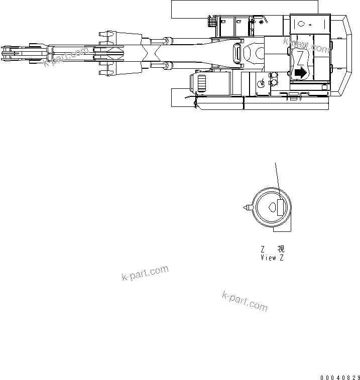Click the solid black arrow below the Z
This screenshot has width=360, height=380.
click(x=300, y=72)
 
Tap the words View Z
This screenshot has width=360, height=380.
click(x=272, y=258)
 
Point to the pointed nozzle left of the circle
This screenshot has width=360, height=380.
click(x=247, y=207)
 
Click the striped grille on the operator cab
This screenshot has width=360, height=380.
click(x=201, y=83)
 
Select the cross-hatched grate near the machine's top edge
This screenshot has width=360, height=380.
click(x=212, y=22)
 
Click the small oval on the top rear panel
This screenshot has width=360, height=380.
click(x=302, y=24)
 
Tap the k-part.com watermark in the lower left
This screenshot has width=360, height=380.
click(x=145, y=274)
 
